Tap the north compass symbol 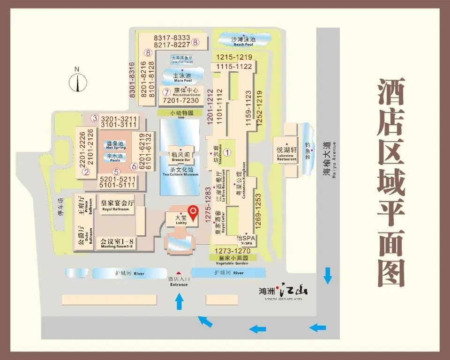tap(78, 82)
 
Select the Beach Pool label tap(243, 41)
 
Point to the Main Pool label tap(182, 77)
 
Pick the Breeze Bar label tap(180, 157)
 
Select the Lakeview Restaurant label tap(286, 153)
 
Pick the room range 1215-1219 tap(234, 57)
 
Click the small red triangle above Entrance tap(178, 273)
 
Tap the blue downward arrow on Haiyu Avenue tap(328, 276)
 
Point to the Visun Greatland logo tap(284, 292)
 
